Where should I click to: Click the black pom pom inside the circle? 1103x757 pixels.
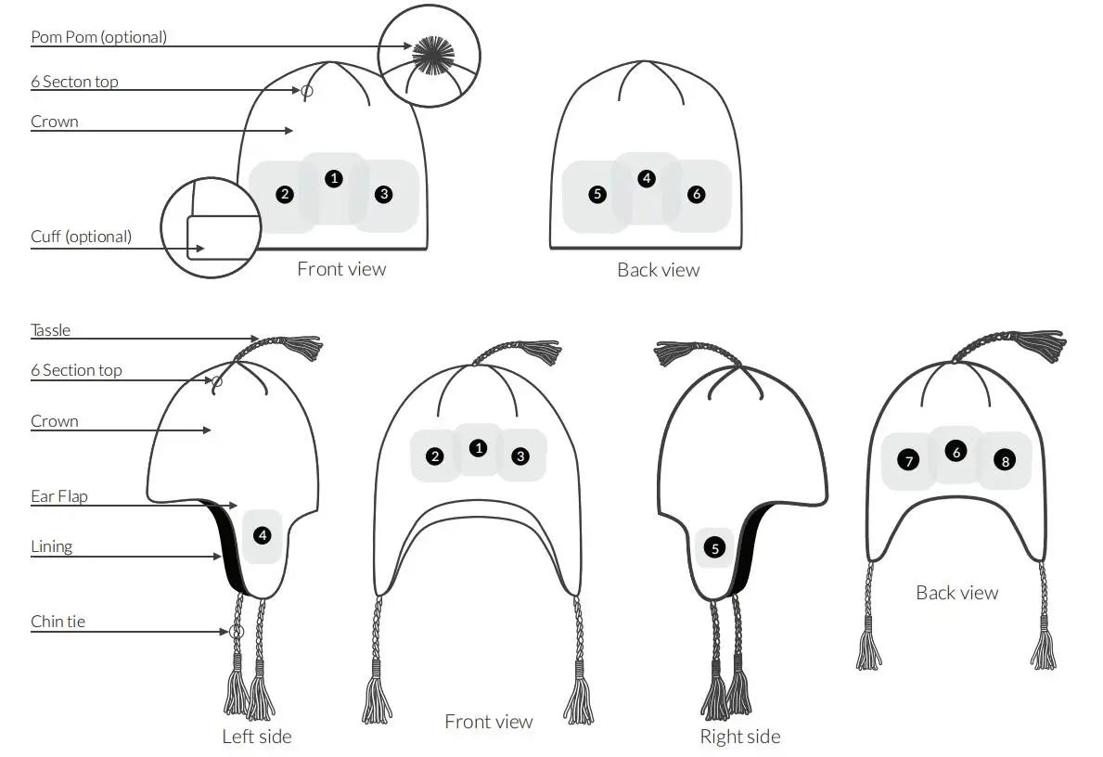click(429, 55)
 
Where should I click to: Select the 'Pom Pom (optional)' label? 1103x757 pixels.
click(99, 38)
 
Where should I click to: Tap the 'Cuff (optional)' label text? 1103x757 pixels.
click(82, 237)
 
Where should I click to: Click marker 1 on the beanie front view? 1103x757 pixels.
click(334, 178)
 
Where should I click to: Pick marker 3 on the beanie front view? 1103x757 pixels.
click(384, 194)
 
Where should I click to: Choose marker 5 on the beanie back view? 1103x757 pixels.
click(597, 195)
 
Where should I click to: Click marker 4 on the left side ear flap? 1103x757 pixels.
click(263, 534)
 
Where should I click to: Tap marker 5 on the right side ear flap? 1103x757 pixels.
click(714, 548)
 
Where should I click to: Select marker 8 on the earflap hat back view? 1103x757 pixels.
click(1005, 460)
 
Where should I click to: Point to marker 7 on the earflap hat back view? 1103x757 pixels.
click(908, 460)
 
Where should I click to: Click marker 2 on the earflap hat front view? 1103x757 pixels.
click(435, 455)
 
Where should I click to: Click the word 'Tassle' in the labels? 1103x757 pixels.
click(51, 330)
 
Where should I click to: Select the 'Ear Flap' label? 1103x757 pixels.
click(59, 496)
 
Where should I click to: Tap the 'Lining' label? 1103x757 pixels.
click(52, 546)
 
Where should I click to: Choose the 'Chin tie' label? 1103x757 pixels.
click(58, 622)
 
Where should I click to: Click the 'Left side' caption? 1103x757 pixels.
click(257, 737)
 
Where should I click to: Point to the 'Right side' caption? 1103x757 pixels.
click(740, 737)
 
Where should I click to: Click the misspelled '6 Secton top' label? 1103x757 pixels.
click(74, 82)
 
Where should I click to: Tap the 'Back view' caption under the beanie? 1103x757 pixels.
click(658, 270)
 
